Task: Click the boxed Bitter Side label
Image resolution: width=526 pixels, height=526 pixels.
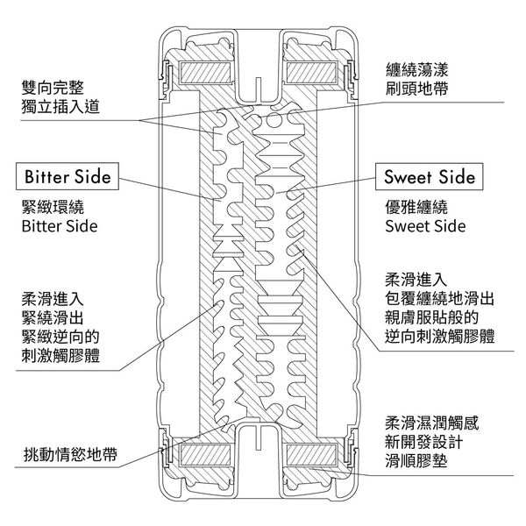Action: click(x=68, y=176)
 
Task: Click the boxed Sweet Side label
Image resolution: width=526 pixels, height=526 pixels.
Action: click(x=429, y=177)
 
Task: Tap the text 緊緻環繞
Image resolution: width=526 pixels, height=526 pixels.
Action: click(x=53, y=207)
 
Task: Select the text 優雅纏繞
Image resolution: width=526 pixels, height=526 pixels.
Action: click(x=416, y=207)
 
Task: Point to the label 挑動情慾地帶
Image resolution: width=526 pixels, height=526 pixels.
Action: click(x=70, y=454)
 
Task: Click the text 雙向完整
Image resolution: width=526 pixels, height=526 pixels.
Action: click(x=53, y=88)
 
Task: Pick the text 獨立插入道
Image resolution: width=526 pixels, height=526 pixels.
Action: click(x=60, y=107)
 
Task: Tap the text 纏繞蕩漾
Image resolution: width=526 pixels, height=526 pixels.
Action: click(x=416, y=70)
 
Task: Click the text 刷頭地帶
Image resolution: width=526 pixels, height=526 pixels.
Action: click(x=416, y=89)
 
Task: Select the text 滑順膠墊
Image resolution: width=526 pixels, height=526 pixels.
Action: click(x=416, y=461)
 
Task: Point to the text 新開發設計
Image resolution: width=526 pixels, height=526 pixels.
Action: click(x=424, y=442)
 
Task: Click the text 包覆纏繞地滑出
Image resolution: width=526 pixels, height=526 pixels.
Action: click(x=439, y=298)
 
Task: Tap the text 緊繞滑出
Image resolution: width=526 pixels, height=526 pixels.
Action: click(x=53, y=317)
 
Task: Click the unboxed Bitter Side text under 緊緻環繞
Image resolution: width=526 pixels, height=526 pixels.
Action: click(x=60, y=226)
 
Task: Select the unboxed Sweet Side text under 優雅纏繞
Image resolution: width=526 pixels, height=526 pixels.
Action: click(x=425, y=226)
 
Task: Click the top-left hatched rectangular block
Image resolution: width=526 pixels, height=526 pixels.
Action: click(x=206, y=73)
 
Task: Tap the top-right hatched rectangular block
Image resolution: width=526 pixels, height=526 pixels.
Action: click(x=311, y=73)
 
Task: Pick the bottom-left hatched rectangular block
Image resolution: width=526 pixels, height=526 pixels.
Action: click(x=206, y=454)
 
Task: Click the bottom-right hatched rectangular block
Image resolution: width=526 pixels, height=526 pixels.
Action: click(x=311, y=454)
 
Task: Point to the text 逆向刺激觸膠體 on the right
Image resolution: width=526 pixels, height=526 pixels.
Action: click(x=439, y=336)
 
